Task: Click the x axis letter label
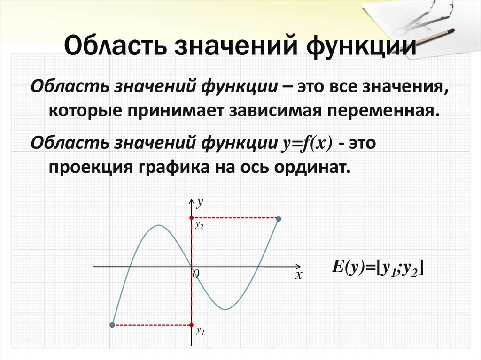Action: tap(297, 276)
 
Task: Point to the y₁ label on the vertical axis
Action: tap(201, 331)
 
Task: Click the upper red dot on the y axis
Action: tap(191, 218)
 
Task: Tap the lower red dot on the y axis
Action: tap(191, 324)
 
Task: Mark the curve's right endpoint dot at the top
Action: tap(279, 219)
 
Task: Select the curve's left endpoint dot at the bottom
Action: tap(112, 325)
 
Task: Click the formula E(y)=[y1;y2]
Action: tap(378, 268)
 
